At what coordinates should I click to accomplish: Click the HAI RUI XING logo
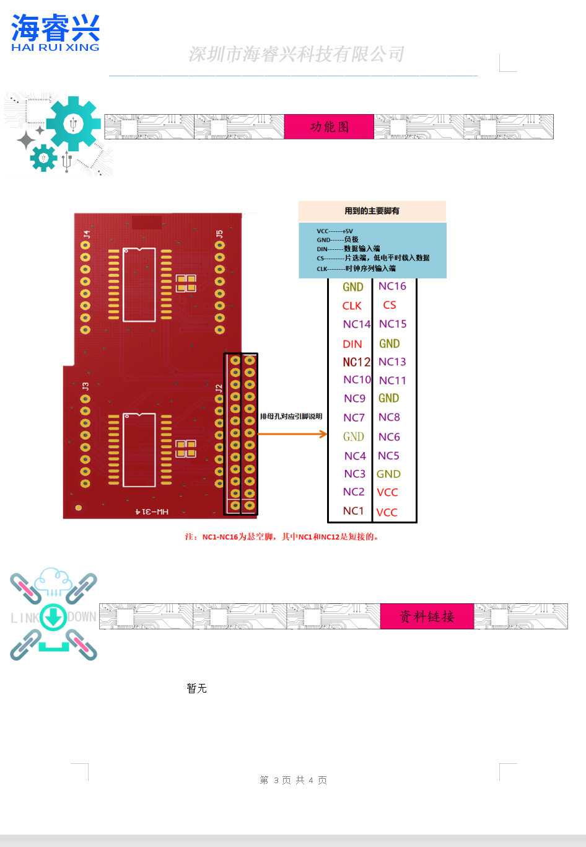click(55, 33)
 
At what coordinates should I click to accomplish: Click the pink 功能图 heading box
click(329, 126)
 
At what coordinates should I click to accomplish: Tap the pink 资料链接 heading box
click(427, 616)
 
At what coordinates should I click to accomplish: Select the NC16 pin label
click(392, 286)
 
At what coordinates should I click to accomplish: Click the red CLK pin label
click(352, 306)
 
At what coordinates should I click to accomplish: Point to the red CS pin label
click(390, 305)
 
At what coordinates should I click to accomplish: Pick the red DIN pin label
click(352, 344)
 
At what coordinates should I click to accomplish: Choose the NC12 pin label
click(356, 362)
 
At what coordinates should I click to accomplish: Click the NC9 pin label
click(354, 399)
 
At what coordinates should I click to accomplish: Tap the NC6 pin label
click(389, 437)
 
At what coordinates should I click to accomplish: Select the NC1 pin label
click(353, 511)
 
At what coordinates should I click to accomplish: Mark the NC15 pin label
click(393, 324)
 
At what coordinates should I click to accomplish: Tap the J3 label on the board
click(85, 386)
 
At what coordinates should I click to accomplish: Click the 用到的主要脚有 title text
click(372, 211)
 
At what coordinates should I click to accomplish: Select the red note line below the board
click(282, 537)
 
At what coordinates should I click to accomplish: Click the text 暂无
click(196, 688)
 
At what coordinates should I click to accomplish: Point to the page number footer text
click(293, 780)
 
